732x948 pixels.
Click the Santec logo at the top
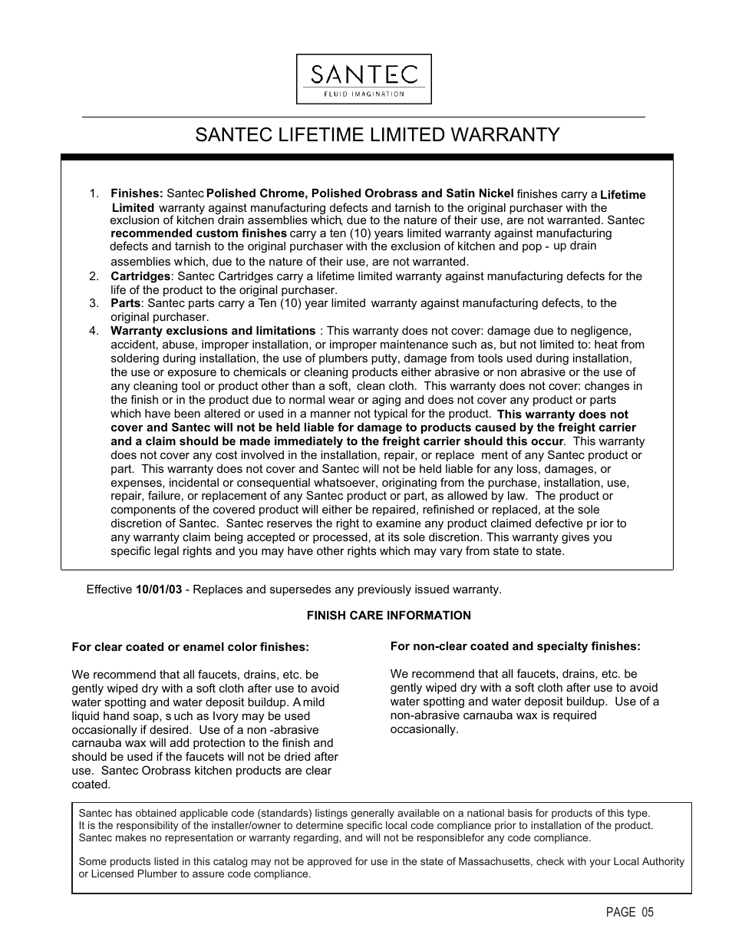(x=364, y=78)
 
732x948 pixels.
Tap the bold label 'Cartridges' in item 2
(x=140, y=276)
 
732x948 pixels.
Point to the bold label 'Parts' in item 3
(x=125, y=303)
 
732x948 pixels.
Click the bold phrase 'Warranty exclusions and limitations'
(x=213, y=331)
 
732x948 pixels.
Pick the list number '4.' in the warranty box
(x=94, y=331)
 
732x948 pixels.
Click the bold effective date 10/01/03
(x=159, y=590)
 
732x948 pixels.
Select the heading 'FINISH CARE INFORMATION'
(x=388, y=616)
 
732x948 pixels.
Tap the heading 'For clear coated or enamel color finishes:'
(x=190, y=647)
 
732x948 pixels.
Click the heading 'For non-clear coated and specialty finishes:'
(x=515, y=646)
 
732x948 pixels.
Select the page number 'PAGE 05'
(x=629, y=912)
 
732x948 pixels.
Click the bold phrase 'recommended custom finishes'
(x=199, y=233)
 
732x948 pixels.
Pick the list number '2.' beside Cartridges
(x=94, y=276)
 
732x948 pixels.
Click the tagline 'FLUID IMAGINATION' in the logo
(x=364, y=94)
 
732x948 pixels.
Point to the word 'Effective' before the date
(x=109, y=590)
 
